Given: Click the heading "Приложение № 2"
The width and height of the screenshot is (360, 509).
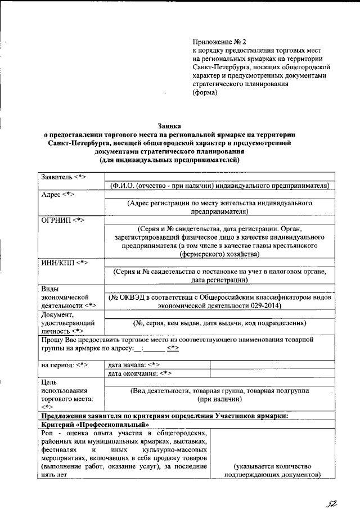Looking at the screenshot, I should pos(219,42).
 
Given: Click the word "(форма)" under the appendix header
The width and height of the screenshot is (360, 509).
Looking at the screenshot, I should pos(205,93).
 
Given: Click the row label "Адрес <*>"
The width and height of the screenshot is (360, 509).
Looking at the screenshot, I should pos(58,194).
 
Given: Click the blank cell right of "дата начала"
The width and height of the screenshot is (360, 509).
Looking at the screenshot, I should pos(272,364).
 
